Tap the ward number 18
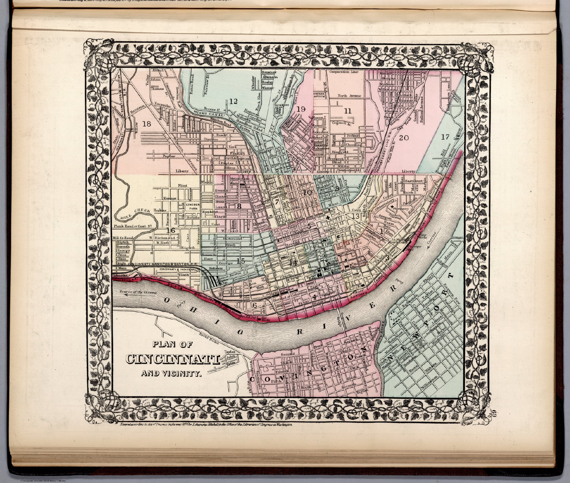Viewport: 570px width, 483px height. point(147,124)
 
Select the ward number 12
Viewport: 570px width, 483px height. point(233,101)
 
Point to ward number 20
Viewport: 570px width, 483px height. point(403,138)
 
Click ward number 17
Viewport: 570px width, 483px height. point(446,137)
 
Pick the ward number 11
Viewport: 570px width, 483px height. point(348,111)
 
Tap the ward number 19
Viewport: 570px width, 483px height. point(301,109)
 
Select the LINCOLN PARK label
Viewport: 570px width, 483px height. point(193,207)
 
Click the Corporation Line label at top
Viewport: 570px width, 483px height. point(345,72)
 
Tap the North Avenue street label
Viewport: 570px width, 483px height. point(349,96)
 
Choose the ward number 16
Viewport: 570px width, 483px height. point(170,231)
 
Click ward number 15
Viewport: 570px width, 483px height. point(241,261)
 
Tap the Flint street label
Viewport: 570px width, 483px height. point(181,185)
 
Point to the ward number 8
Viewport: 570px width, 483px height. point(239,206)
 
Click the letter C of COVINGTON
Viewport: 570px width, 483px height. point(254,379)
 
